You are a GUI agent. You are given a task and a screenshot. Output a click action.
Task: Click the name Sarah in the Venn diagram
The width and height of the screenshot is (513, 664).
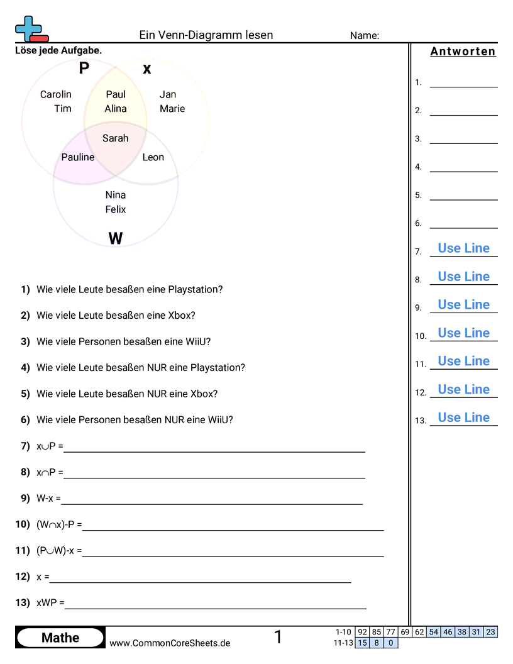tap(116, 138)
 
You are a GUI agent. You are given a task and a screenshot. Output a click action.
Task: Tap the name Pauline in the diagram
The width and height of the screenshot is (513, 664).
tap(78, 157)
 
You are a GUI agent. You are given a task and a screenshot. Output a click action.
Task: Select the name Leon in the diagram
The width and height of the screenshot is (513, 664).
tap(153, 157)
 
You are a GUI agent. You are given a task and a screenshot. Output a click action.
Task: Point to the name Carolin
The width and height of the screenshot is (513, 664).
tap(56, 95)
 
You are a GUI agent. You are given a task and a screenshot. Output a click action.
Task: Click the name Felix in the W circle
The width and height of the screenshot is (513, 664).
tap(116, 209)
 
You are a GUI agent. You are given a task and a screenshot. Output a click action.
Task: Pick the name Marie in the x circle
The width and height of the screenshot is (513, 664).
tap(172, 109)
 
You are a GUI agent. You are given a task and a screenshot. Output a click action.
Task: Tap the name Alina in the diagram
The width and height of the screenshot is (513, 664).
tap(116, 109)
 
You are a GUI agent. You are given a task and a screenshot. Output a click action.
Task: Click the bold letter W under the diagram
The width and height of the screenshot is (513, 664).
tap(116, 238)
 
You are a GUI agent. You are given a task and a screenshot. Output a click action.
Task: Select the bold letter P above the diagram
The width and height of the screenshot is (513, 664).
tap(84, 69)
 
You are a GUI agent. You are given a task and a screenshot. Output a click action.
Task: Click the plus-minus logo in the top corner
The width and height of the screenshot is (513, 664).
tap(31, 29)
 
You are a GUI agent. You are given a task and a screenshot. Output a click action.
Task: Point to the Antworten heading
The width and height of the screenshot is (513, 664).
tap(463, 52)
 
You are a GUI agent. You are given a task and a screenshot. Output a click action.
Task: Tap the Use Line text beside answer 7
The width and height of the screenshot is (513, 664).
tap(464, 248)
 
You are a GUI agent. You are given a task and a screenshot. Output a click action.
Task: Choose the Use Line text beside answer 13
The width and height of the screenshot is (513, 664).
tap(464, 418)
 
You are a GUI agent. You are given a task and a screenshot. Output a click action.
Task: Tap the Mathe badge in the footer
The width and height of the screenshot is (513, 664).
tap(60, 638)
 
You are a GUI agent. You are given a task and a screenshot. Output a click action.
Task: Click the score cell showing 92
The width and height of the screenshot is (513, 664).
tap(362, 632)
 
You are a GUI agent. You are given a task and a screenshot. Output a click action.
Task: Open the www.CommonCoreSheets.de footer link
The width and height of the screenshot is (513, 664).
tap(170, 643)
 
